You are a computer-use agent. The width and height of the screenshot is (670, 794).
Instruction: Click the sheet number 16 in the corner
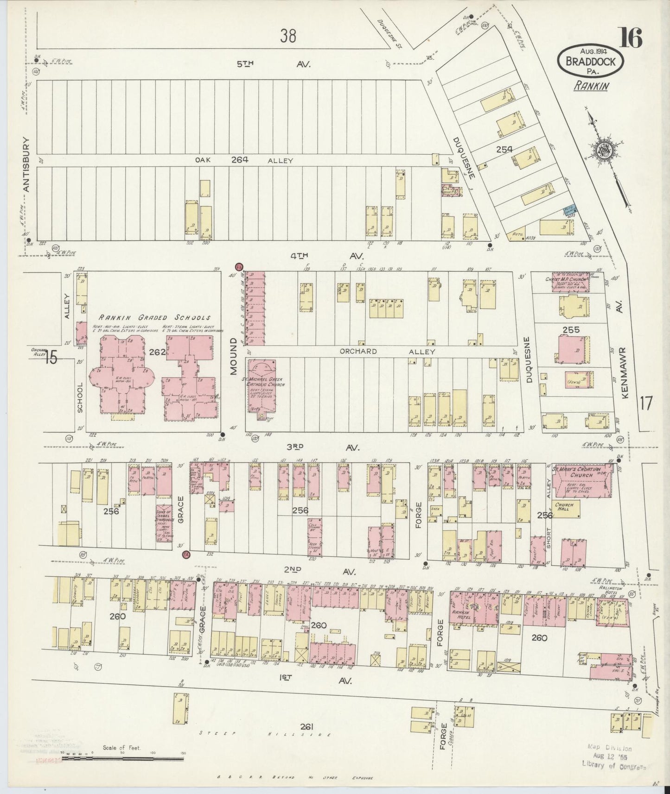629,38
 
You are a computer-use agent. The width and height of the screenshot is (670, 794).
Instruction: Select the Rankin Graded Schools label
154,318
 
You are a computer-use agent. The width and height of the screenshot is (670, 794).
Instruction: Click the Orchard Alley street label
388,352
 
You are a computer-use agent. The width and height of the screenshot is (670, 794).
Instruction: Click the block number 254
504,149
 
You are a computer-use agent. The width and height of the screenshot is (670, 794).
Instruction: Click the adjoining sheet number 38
287,36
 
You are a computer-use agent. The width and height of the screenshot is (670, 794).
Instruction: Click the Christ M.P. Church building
571,282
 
